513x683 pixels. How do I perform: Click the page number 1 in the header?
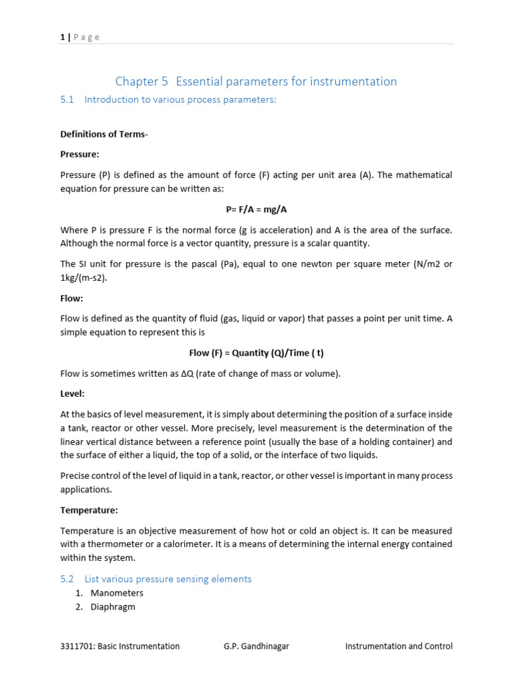(x=62, y=37)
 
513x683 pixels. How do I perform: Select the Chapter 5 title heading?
(x=256, y=81)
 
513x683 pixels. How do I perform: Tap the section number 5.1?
(x=66, y=99)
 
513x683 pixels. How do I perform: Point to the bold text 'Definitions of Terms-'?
(x=104, y=134)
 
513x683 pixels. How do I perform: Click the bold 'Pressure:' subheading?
(x=79, y=154)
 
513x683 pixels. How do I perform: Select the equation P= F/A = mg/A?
(x=256, y=209)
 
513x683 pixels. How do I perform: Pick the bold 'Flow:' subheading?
(x=71, y=298)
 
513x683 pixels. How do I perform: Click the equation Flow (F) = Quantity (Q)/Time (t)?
(x=256, y=353)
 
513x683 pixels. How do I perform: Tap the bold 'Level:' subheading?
(x=72, y=394)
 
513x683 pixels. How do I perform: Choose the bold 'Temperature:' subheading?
(x=89, y=510)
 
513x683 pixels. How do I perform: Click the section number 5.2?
(x=66, y=579)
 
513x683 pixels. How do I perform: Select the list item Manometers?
(x=117, y=593)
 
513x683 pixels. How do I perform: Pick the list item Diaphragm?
(x=113, y=607)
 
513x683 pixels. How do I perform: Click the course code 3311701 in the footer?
(x=76, y=646)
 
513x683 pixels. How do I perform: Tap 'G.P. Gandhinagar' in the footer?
(x=256, y=646)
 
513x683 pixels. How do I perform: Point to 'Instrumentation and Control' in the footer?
(x=398, y=646)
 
